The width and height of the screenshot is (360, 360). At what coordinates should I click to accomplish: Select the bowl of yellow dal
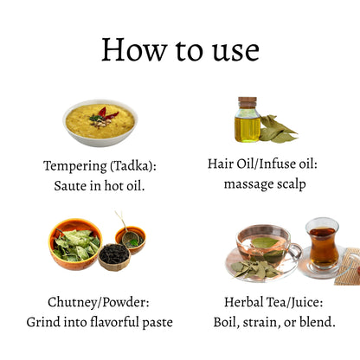point(100,122)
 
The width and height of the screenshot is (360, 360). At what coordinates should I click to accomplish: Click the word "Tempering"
point(74,164)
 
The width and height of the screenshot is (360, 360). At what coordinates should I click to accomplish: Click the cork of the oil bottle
point(247,102)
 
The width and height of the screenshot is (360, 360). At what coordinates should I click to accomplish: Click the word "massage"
point(249,183)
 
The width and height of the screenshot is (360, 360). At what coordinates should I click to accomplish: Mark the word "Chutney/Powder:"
point(100,303)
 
